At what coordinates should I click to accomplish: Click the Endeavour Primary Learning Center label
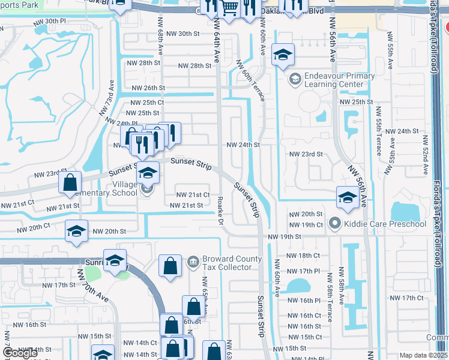click(331, 80)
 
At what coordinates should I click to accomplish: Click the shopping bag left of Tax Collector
click(170, 266)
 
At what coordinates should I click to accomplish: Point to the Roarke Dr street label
click(220, 208)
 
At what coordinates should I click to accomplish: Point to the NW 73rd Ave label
click(111, 92)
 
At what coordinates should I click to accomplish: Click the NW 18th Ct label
click(303, 256)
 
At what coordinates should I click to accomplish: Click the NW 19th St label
click(285, 237)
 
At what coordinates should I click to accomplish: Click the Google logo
click(20, 353)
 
